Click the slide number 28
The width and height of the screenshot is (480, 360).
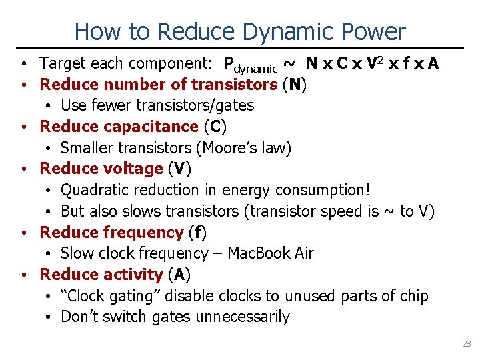466,344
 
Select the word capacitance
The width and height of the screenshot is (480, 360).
152,127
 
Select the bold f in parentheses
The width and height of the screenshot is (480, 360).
197,233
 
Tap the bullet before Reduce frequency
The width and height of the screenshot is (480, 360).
23,233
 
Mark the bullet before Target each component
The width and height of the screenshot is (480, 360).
23,64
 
